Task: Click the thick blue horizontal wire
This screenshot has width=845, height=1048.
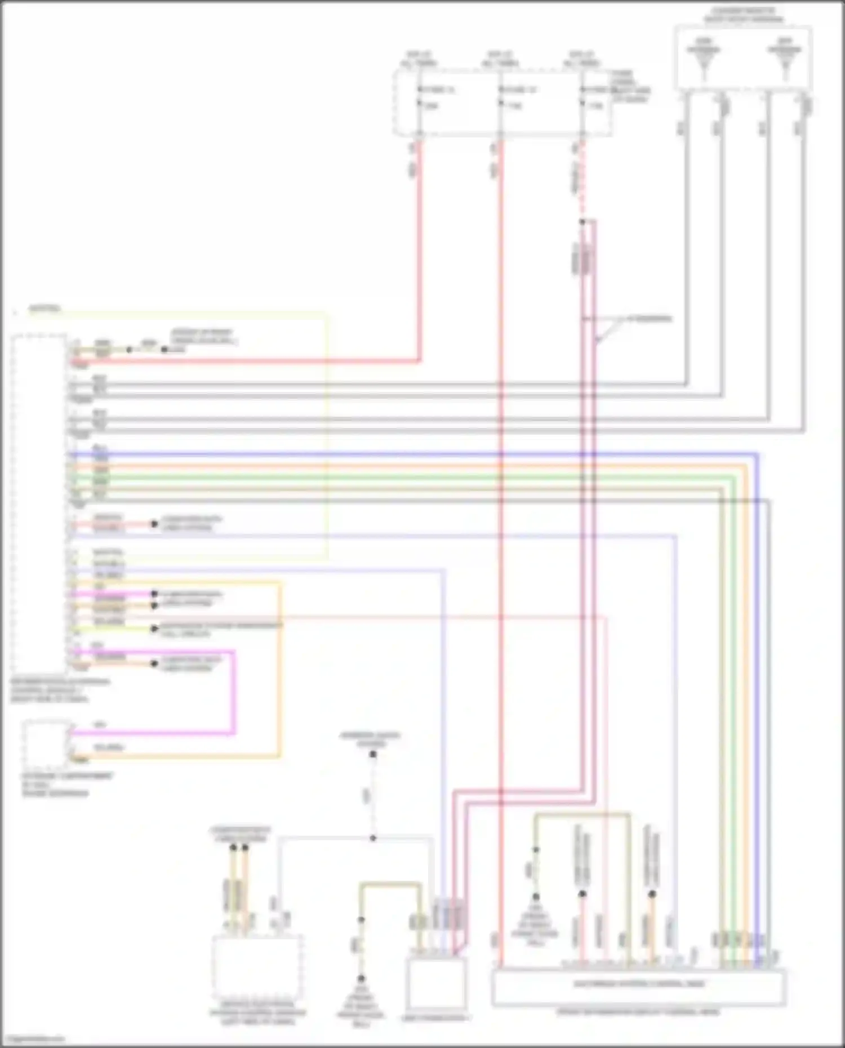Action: coord(394,454)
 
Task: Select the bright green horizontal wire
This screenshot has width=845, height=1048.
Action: coord(394,478)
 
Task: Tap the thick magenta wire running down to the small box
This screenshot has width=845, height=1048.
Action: coord(233,693)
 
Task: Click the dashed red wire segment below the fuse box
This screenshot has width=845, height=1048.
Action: coord(582,180)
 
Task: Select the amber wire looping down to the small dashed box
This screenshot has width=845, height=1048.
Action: coord(279,676)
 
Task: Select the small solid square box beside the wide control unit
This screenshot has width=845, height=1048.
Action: coord(435,983)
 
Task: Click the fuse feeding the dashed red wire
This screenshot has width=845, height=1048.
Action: coord(583,97)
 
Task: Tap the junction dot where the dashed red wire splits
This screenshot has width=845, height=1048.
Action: coord(583,222)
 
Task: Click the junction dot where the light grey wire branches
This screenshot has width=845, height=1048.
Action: coord(373,838)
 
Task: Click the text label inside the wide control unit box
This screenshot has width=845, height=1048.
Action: coord(639,984)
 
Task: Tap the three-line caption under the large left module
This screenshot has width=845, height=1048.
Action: coord(59,690)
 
